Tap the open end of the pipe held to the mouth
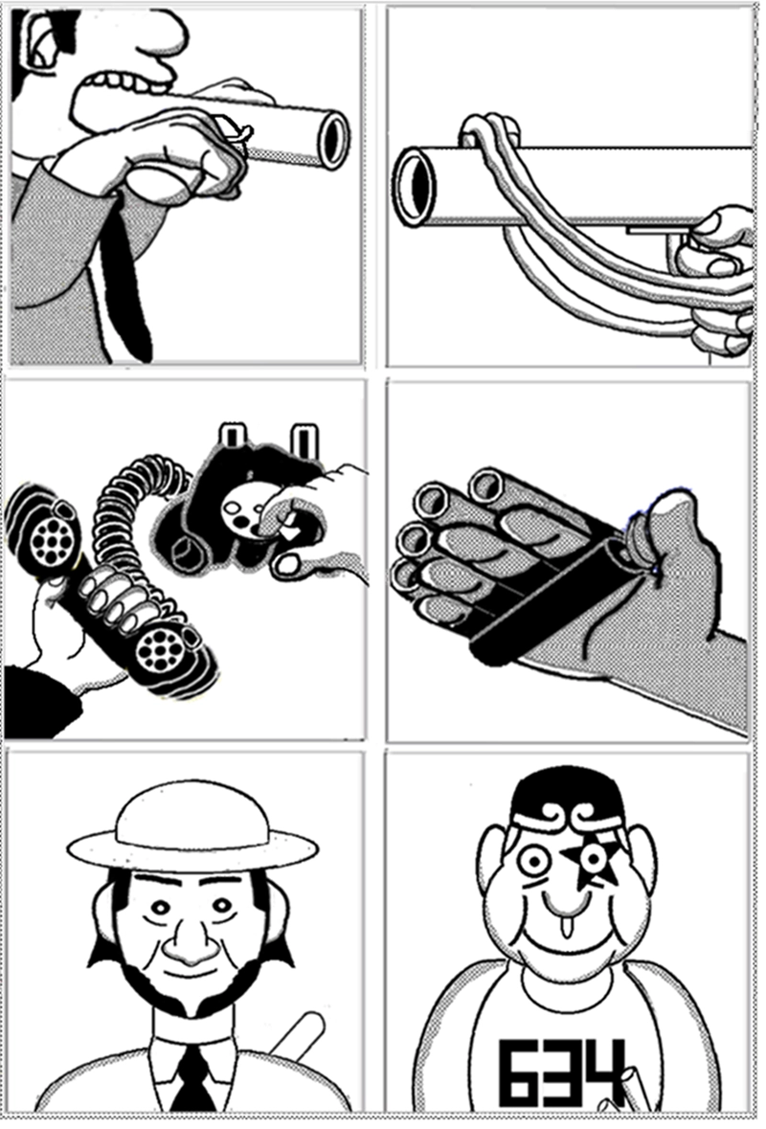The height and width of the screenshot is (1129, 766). pyautogui.click(x=333, y=139)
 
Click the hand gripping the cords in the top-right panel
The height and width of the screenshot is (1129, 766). pyautogui.click(x=717, y=281)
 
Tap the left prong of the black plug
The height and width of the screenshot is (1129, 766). pyautogui.click(x=232, y=437)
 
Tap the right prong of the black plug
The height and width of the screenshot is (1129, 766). pyautogui.click(x=304, y=440)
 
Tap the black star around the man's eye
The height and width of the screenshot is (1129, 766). pyautogui.click(x=592, y=861)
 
